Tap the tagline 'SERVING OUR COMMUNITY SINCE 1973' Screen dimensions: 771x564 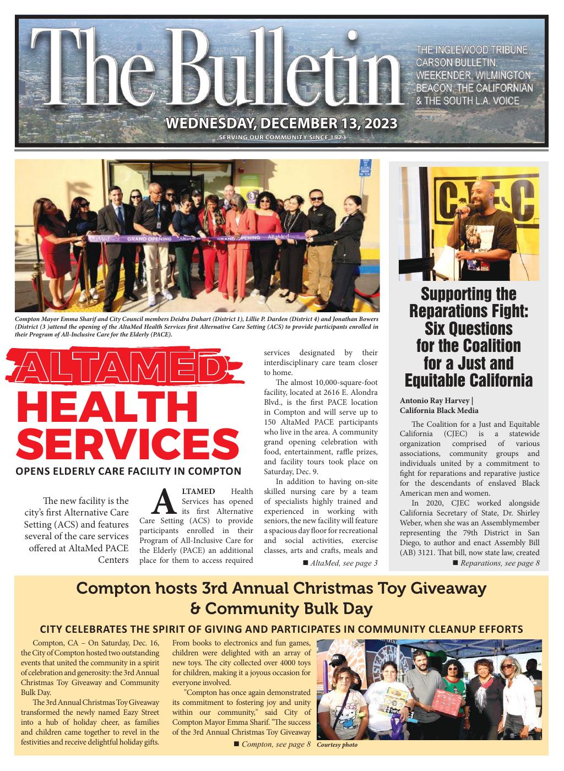(282, 137)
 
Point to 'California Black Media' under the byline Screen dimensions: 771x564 (439, 410)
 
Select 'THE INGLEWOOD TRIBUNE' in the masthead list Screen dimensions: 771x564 (473, 51)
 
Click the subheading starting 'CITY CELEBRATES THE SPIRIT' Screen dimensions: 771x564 (281, 629)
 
